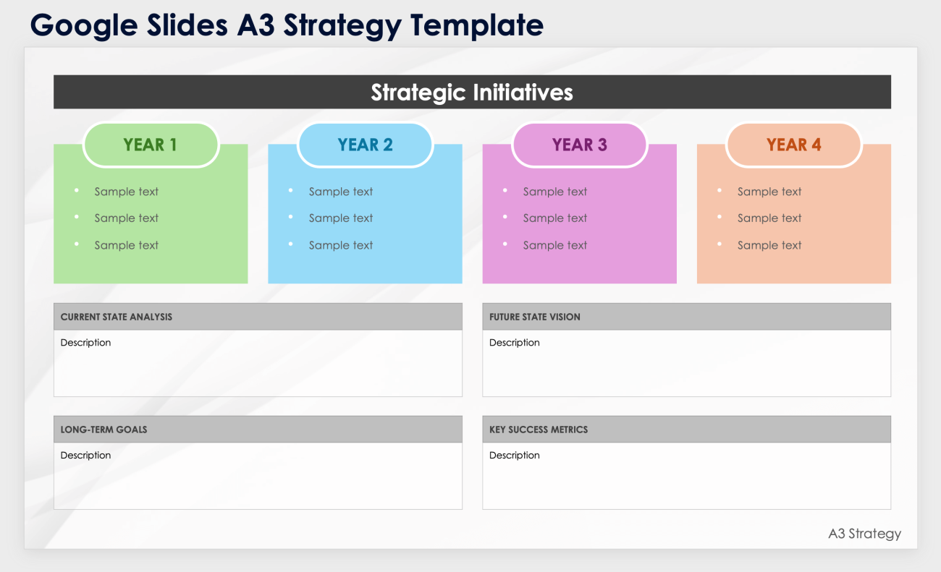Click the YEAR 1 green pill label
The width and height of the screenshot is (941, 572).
(151, 145)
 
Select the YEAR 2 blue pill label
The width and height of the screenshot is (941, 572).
(365, 145)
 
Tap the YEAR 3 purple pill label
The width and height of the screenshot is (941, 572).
(579, 145)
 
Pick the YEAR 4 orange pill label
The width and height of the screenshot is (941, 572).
(794, 145)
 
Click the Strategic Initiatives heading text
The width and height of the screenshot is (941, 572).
(472, 93)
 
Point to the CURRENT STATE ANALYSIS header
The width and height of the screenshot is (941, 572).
(117, 317)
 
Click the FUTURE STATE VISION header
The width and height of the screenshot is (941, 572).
(535, 317)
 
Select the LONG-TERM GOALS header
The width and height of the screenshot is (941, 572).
(104, 430)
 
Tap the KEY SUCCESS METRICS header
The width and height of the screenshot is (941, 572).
(539, 430)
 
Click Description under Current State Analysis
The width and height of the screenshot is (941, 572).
(85, 343)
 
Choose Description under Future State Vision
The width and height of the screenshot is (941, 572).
(515, 343)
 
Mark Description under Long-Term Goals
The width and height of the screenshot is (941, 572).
(85, 456)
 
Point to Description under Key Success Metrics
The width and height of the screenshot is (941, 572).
(515, 456)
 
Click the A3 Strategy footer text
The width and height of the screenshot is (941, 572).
(864, 534)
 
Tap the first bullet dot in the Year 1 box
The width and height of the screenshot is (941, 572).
(77, 190)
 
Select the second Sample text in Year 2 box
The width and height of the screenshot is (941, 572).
(341, 218)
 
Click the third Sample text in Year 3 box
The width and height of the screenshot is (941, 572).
(555, 246)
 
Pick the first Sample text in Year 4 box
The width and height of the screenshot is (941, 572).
(769, 192)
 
